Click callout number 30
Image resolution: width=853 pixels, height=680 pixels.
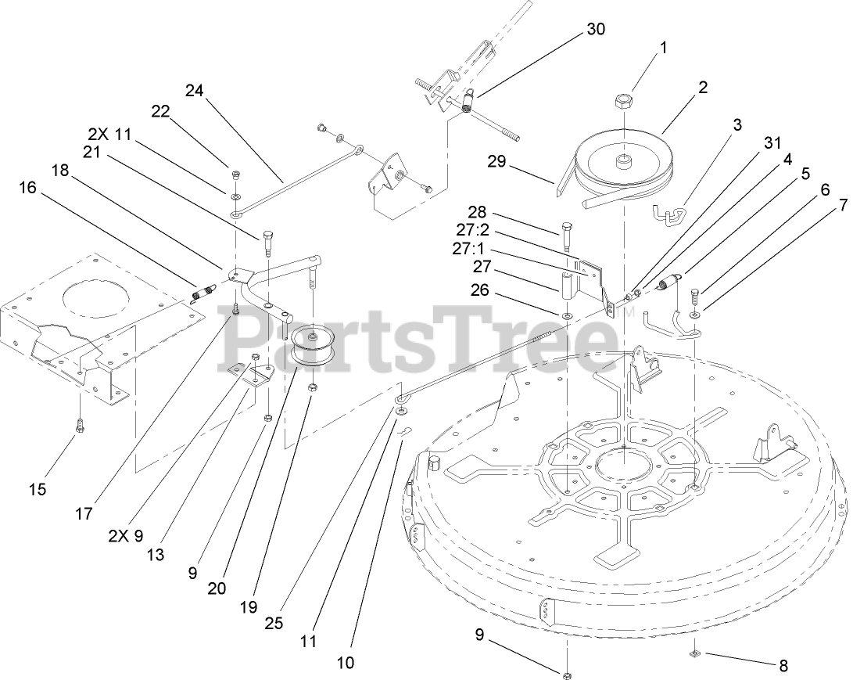(595, 30)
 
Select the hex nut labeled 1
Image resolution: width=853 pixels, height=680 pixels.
(623, 100)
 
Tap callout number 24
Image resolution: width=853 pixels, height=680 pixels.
(194, 90)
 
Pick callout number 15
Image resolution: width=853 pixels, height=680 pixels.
(37, 490)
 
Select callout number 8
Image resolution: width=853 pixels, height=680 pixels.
(783, 666)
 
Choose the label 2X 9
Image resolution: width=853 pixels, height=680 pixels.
(126, 537)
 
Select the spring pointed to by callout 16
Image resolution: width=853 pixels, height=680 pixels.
(202, 293)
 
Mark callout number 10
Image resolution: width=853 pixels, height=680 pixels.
(345, 663)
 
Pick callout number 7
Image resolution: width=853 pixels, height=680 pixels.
(842, 206)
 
